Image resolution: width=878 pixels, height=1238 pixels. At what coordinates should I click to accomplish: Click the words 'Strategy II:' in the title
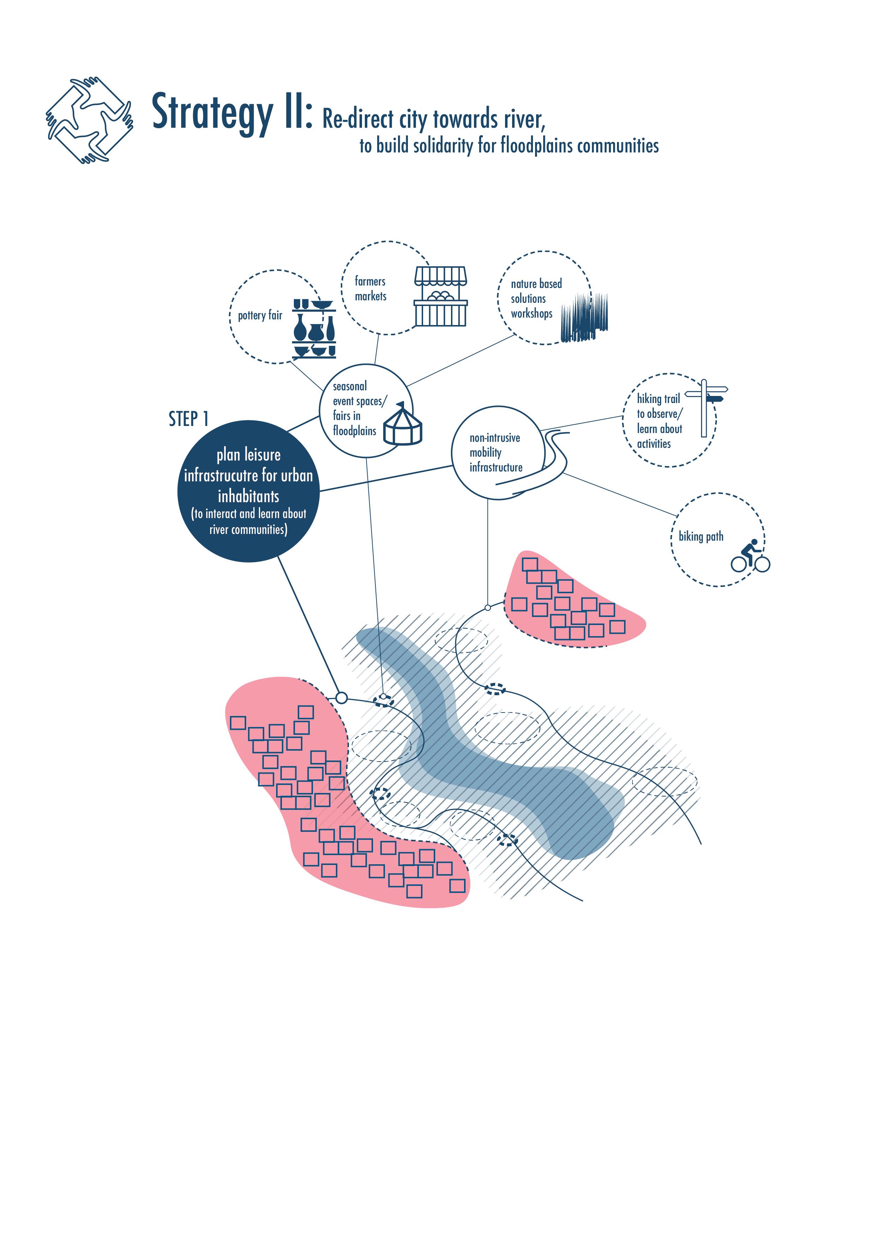[231, 112]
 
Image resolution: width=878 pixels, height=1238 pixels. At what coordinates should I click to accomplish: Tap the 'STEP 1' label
[188, 419]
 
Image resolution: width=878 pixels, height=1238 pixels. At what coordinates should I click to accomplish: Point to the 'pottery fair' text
[260, 315]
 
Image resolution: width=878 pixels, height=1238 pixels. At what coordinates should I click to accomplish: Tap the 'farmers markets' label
[370, 289]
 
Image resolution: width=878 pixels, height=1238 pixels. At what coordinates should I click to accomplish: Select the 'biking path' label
[701, 537]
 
